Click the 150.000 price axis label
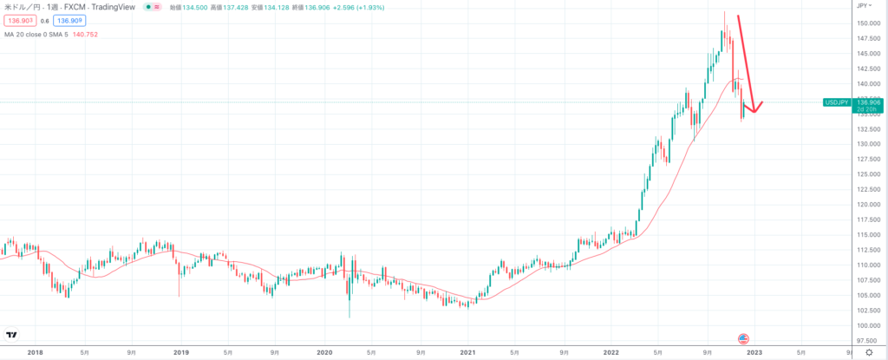click(866, 23)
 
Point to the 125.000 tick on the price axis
click(866, 173)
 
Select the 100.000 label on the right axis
click(866, 325)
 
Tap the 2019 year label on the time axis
click(180, 353)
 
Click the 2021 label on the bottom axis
click(468, 353)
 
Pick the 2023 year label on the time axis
click(754, 353)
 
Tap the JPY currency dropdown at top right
click(864, 6)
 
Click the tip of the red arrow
click(753, 112)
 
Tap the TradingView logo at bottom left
click(12, 335)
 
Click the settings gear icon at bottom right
click(869, 353)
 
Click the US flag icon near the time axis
click(743, 338)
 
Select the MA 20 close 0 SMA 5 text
click(40, 36)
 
